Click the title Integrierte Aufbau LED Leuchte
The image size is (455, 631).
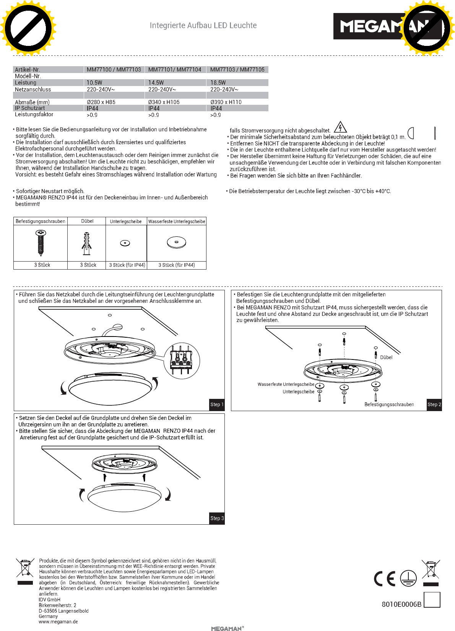click(203, 26)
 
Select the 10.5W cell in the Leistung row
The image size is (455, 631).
click(94, 83)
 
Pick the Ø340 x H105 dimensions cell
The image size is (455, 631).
click(164, 102)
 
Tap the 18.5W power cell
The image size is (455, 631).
click(218, 83)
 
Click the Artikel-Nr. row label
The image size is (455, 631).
click(28, 70)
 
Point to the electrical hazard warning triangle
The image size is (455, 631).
click(340, 127)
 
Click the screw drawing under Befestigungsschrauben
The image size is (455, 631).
click(41, 242)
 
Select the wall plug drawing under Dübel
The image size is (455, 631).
click(87, 243)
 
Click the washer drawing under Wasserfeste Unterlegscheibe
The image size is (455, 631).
click(176, 242)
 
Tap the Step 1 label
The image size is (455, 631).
click(217, 405)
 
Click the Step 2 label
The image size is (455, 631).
click(434, 405)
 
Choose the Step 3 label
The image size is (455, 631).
click(217, 518)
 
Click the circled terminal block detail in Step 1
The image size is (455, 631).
click(181, 361)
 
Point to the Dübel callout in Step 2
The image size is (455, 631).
click(386, 358)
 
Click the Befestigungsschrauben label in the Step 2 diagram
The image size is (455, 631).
click(389, 405)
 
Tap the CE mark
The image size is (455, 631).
click(384, 579)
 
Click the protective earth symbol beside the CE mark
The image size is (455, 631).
click(408, 578)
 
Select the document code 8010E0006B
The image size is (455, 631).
click(401, 604)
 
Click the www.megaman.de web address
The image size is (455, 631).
click(58, 622)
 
